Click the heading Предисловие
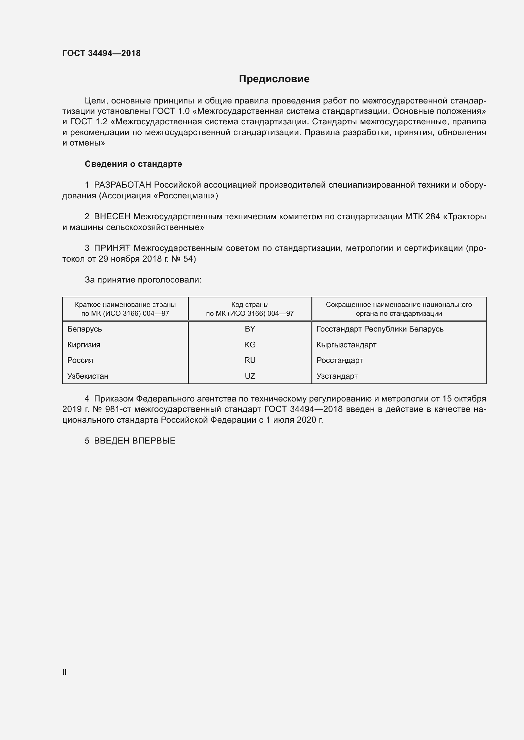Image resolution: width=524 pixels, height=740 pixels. [x=274, y=79]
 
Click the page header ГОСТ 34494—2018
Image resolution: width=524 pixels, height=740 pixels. [x=101, y=53]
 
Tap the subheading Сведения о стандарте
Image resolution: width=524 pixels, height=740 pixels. [x=133, y=164]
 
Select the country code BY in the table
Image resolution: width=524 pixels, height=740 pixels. [x=250, y=329]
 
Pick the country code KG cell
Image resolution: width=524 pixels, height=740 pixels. [x=250, y=345]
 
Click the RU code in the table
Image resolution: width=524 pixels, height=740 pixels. [x=250, y=360]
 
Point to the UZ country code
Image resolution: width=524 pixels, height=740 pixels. [x=250, y=376]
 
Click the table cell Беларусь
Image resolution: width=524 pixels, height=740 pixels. [x=85, y=329]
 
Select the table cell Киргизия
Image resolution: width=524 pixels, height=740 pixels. [x=84, y=345]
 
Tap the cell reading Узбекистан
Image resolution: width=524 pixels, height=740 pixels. [x=88, y=376]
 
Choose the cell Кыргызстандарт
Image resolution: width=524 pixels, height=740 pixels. [x=346, y=345]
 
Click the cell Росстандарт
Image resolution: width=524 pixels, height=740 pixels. [x=339, y=360]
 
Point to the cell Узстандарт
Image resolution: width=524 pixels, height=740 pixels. [x=337, y=376]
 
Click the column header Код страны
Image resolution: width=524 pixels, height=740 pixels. [x=250, y=305]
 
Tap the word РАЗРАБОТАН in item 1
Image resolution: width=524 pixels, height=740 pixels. [x=123, y=185]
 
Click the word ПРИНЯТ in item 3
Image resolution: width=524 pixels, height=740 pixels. [x=112, y=248]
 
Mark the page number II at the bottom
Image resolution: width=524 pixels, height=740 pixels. [x=65, y=672]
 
